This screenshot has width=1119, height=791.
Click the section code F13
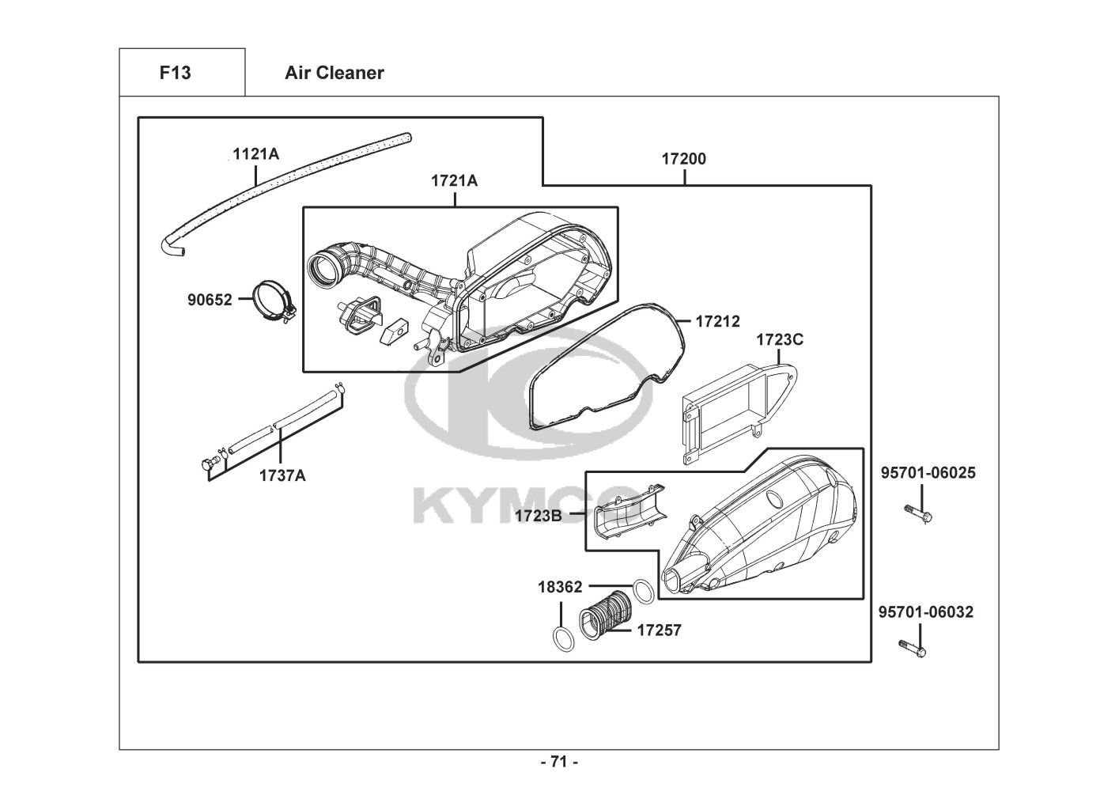(x=175, y=73)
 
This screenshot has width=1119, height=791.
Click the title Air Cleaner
(x=335, y=73)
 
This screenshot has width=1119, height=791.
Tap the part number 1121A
(x=255, y=154)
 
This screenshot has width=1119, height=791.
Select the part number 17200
(x=684, y=159)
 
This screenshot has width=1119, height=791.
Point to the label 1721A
(x=454, y=180)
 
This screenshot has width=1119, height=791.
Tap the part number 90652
(x=210, y=300)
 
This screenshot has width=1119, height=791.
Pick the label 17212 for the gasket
(x=717, y=321)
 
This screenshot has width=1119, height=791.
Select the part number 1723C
(x=780, y=340)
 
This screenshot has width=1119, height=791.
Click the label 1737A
(x=282, y=475)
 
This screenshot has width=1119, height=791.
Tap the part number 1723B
(x=539, y=516)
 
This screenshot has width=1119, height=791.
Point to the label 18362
(x=560, y=587)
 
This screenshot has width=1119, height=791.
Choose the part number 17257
(x=659, y=630)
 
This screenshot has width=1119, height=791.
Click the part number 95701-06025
(x=928, y=472)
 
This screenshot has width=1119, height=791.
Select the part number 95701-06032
(x=926, y=611)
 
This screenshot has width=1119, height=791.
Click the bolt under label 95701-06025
(x=919, y=514)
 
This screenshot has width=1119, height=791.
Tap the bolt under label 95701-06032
(x=912, y=649)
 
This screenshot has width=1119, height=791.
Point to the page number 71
(x=559, y=762)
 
